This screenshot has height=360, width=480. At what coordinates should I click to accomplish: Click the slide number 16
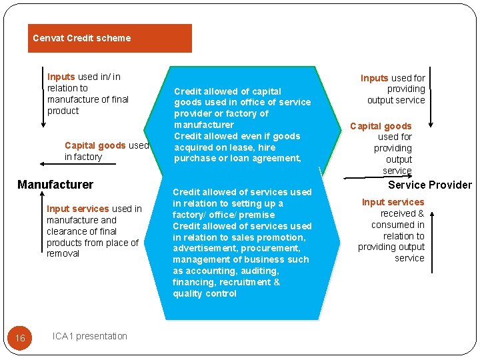(20, 338)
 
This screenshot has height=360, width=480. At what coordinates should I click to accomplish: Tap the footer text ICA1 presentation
(89, 336)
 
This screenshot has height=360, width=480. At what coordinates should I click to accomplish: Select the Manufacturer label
(55, 185)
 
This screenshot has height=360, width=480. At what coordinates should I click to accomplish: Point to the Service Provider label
(429, 185)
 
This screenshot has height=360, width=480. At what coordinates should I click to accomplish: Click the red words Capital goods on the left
(95, 145)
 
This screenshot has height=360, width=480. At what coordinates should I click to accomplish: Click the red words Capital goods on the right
(381, 126)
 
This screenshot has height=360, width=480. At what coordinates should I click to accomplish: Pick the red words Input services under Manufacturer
(77, 209)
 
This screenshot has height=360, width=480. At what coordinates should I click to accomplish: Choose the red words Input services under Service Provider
(393, 202)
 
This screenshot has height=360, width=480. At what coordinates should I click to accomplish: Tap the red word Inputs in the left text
(61, 77)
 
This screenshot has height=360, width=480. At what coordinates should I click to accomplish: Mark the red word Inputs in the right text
(375, 78)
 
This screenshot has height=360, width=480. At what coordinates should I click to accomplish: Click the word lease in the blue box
(237, 147)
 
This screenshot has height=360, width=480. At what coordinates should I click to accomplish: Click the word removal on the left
(63, 254)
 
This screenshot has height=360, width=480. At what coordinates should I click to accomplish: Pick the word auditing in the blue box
(256, 271)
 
